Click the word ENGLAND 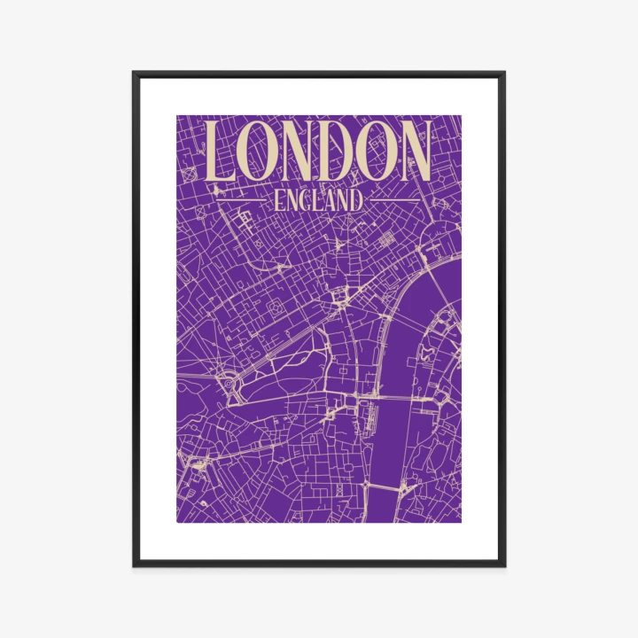coord(319,200)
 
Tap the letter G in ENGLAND coord(307,200)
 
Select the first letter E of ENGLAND coord(279,200)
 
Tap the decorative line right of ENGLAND coord(394,201)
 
